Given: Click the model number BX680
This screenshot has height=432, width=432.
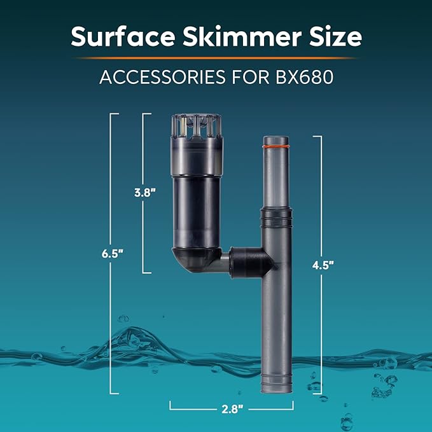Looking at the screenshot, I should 304,78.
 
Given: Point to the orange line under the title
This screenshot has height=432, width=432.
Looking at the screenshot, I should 216,58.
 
